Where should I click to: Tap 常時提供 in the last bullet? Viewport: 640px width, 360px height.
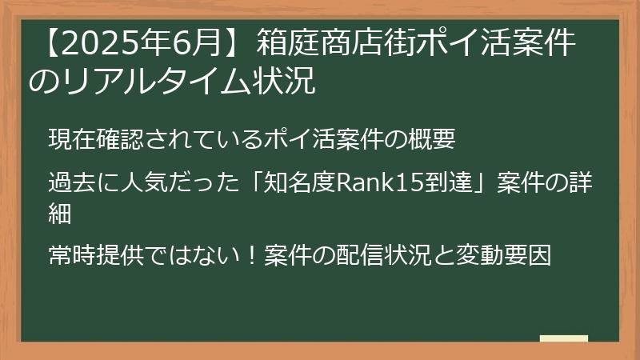pos(94,256)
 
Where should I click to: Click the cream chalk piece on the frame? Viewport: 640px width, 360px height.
pos(564,338)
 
